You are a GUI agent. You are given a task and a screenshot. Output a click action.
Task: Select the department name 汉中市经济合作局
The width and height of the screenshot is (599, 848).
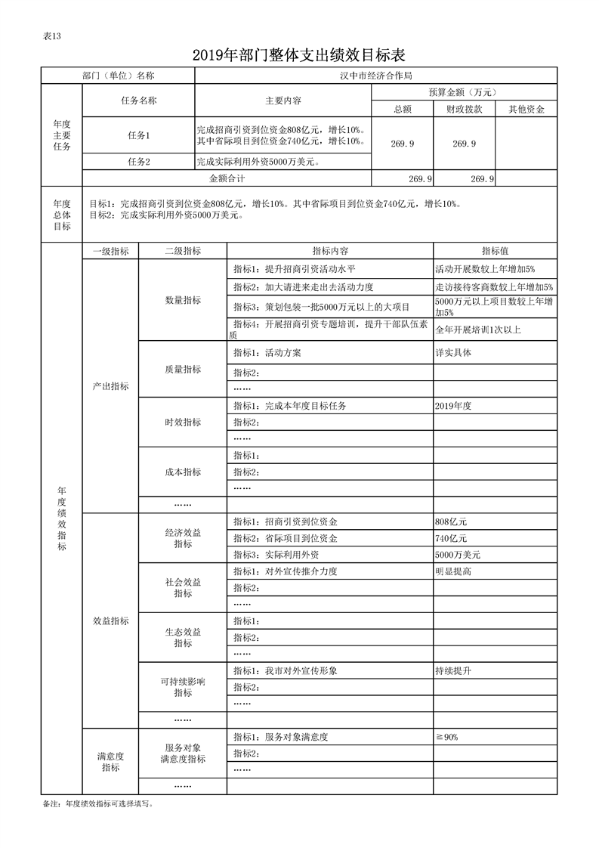(x=375, y=76)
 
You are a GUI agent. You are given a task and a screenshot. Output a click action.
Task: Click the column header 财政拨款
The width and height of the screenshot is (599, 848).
(x=464, y=109)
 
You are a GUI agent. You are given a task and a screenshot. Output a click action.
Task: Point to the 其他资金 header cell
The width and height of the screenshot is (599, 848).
(x=526, y=109)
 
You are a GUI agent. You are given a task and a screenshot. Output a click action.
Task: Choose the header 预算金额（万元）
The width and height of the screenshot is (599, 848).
(x=464, y=92)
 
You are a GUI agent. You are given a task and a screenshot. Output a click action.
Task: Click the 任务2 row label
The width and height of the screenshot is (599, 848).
(x=139, y=162)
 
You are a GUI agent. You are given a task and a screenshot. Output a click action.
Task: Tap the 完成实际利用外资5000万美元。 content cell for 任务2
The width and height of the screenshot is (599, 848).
(x=257, y=162)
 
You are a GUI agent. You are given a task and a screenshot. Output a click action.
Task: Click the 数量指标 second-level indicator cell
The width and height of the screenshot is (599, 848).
(x=183, y=300)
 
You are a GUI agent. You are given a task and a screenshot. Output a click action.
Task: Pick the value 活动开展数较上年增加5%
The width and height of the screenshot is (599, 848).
(x=485, y=269)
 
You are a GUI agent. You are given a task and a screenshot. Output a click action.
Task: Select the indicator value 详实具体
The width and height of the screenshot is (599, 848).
(x=453, y=353)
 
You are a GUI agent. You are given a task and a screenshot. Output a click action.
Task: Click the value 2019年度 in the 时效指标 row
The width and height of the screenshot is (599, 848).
(x=453, y=406)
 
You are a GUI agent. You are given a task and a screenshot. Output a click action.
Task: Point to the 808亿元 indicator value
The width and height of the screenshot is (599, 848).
(x=452, y=522)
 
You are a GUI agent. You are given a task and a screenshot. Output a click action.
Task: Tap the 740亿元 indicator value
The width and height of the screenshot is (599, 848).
(x=452, y=538)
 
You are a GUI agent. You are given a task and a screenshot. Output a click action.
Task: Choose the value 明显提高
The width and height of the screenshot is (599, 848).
(x=453, y=571)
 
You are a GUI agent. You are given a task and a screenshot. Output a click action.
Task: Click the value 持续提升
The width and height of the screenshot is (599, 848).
(x=453, y=671)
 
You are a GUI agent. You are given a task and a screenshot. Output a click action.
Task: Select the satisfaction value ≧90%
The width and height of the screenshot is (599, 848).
(x=447, y=737)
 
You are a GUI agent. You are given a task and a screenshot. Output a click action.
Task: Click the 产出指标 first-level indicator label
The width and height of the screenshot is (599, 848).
(x=110, y=386)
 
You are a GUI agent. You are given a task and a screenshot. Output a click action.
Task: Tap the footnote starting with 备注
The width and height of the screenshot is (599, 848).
(x=99, y=804)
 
